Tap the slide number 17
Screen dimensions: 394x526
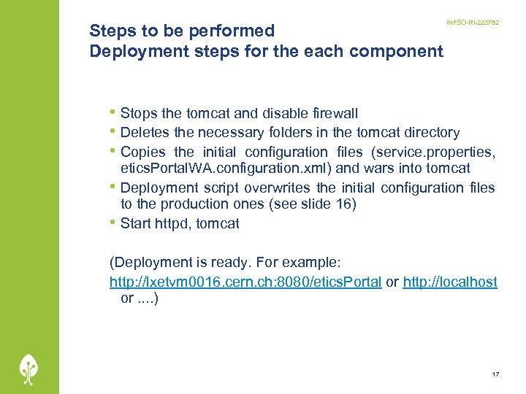[496, 374]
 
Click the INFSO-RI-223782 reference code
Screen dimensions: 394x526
[473, 23]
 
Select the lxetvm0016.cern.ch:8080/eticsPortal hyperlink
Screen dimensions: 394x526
[245, 282]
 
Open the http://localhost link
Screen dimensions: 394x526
[450, 282]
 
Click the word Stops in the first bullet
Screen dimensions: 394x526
[137, 113]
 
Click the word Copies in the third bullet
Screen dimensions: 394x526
[142, 152]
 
